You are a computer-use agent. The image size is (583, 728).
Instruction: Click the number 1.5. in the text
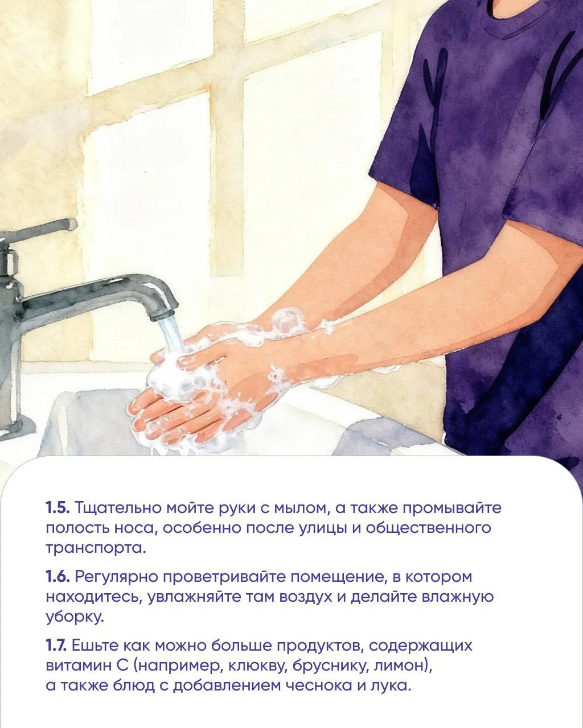click(x=58, y=508)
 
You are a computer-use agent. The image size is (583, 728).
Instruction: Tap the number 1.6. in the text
click(x=58, y=577)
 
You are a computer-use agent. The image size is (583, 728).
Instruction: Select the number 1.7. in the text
click(x=56, y=646)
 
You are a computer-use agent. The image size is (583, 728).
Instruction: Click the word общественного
click(x=428, y=528)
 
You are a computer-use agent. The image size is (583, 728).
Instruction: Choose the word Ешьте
click(x=95, y=646)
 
